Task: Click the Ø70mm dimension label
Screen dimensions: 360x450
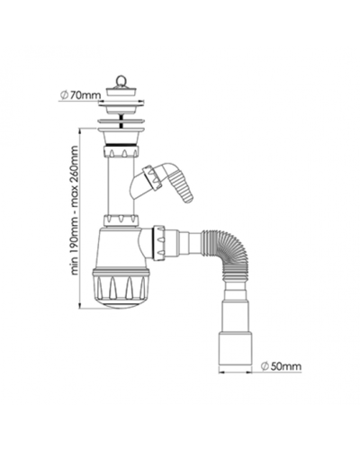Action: point(80,95)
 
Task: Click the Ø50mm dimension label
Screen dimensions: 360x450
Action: point(281,366)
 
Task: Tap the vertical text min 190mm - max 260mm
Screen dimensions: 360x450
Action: point(74,210)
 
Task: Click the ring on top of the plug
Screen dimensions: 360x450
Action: point(121,80)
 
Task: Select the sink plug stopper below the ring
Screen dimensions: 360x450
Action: point(121,91)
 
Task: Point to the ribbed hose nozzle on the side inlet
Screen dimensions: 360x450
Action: point(182,188)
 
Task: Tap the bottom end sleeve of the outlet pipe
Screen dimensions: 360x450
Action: point(235,348)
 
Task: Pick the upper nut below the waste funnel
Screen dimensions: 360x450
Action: point(121,151)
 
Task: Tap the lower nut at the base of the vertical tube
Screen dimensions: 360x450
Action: point(121,220)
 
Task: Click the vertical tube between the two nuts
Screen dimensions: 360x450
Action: point(121,186)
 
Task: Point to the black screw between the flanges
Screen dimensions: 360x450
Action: point(121,120)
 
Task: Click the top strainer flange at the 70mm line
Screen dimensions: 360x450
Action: point(121,104)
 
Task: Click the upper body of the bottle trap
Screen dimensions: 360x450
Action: point(121,248)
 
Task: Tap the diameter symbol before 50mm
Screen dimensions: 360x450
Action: point(265,366)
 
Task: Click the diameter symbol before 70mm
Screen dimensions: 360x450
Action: point(64,95)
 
